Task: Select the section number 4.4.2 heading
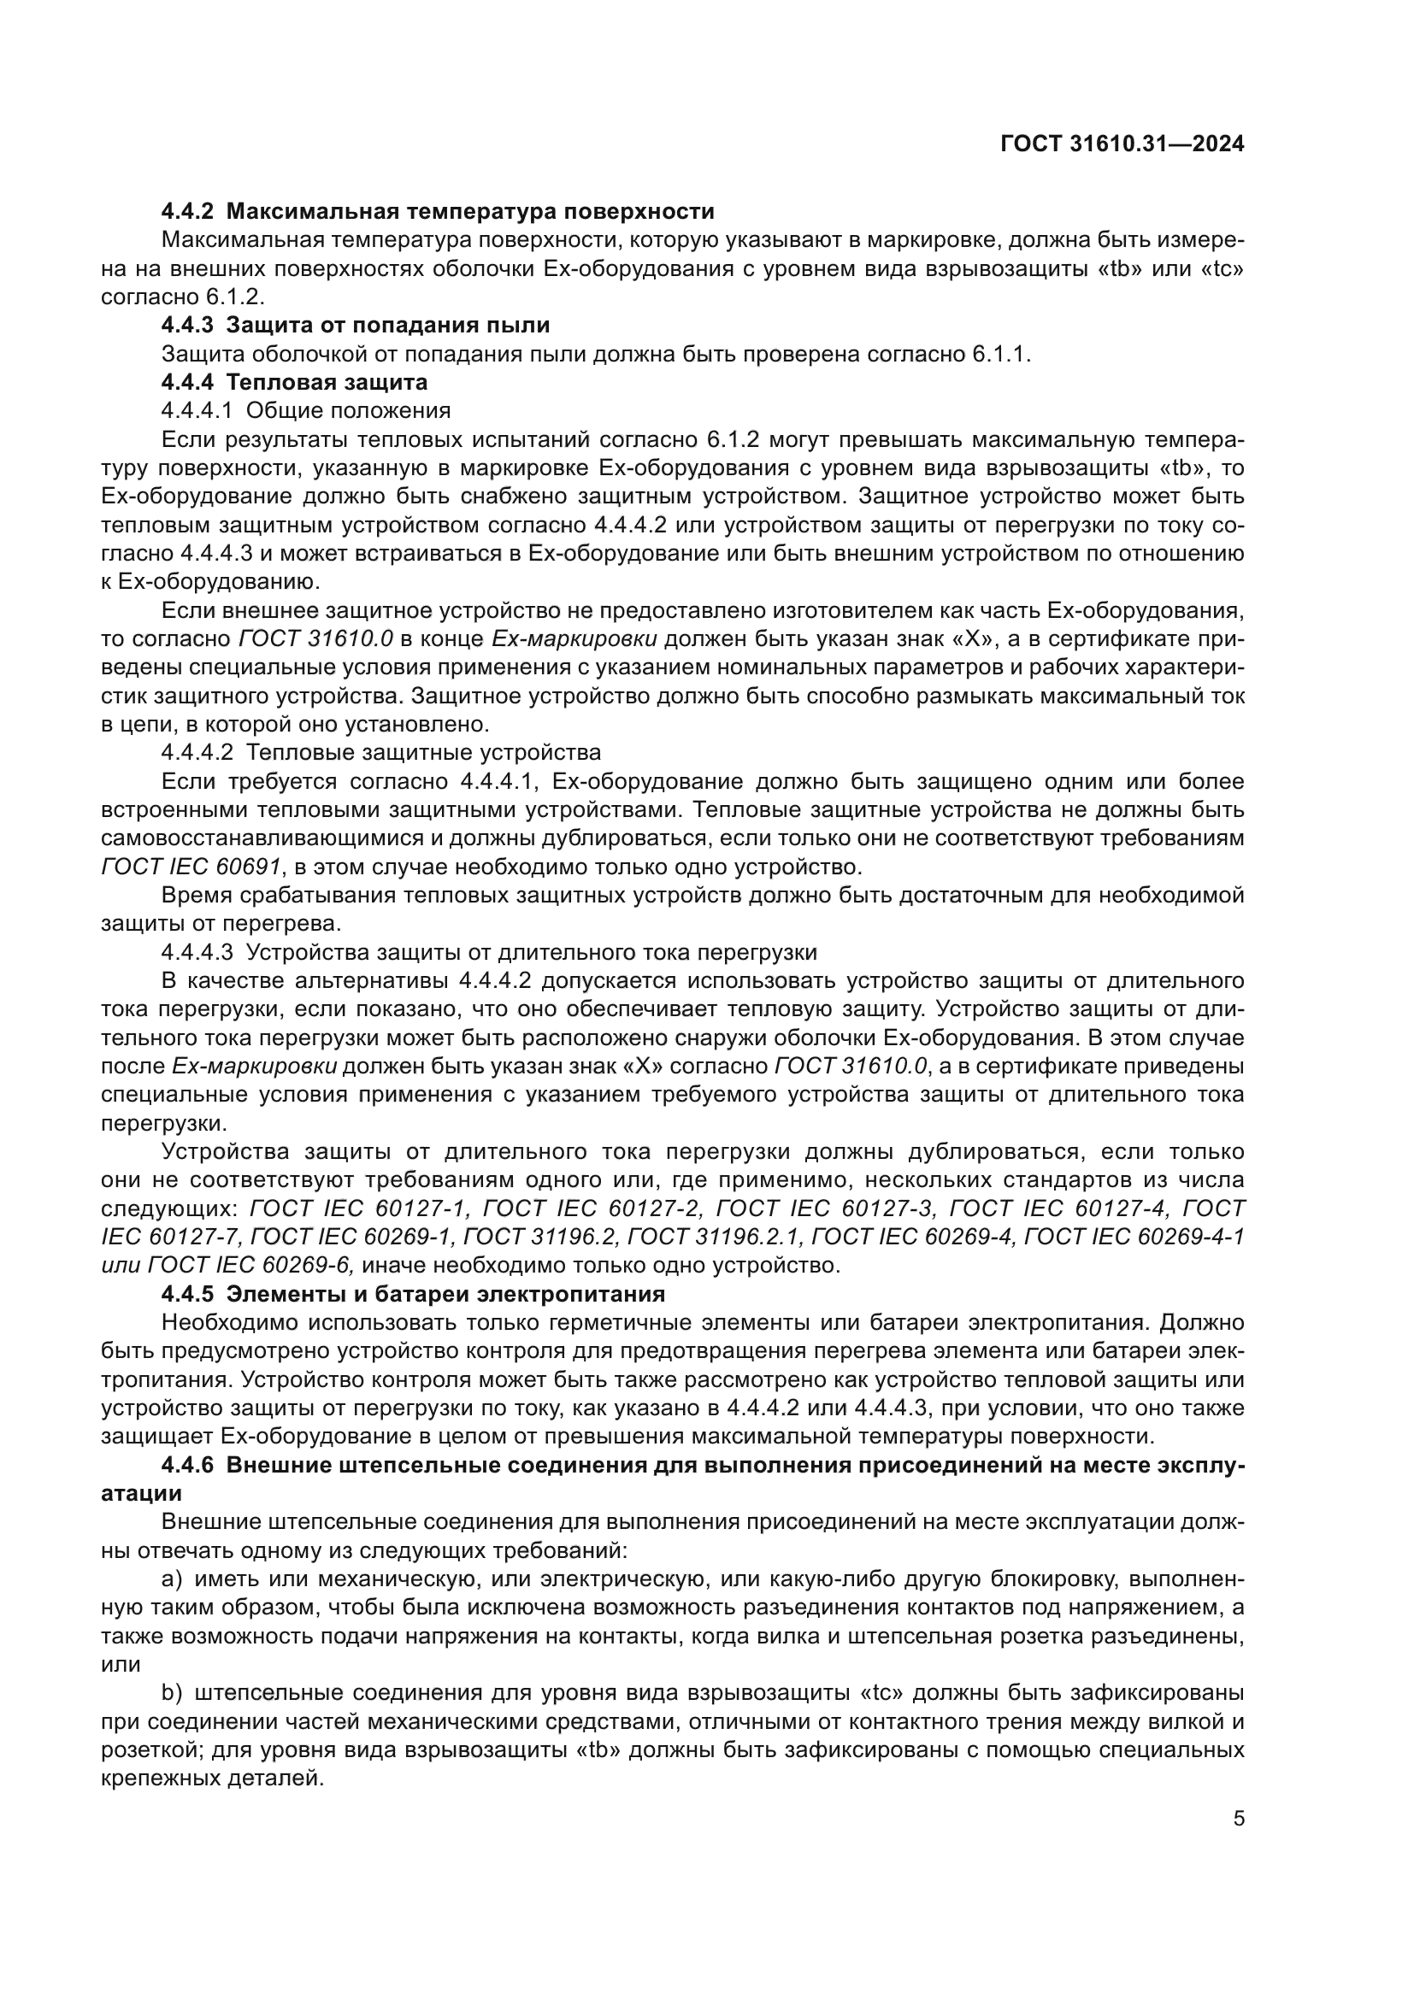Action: coord(186,212)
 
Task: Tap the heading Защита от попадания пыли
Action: coord(387,326)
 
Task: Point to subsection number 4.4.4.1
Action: coord(197,411)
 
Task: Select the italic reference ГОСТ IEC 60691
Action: coord(191,867)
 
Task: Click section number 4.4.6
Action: coord(186,1466)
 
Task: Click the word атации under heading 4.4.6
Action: coord(141,1494)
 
